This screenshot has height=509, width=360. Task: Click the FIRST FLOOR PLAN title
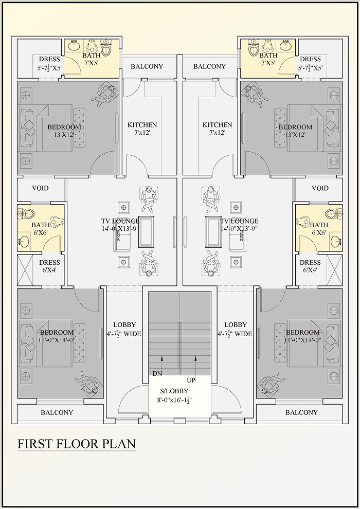(x=76, y=444)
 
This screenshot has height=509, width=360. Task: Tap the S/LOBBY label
(x=174, y=391)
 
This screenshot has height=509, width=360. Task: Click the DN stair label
(x=157, y=374)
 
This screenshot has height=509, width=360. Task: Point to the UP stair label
(x=191, y=380)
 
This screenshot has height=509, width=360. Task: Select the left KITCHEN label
(x=142, y=125)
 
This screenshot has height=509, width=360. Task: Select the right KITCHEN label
(x=218, y=125)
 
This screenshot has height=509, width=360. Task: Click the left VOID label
(x=40, y=188)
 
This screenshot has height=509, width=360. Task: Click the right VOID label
(x=320, y=188)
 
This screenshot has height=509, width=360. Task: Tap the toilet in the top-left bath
(x=106, y=48)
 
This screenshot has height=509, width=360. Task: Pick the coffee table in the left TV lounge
(x=146, y=231)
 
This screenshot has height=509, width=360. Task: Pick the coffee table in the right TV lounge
(x=213, y=231)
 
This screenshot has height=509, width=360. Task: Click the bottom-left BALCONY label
(x=57, y=412)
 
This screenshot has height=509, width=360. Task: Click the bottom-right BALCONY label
(x=301, y=412)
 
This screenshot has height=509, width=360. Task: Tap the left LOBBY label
(x=124, y=324)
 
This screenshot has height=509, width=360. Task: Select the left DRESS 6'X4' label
(x=50, y=266)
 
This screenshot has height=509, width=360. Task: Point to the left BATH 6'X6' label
(x=41, y=228)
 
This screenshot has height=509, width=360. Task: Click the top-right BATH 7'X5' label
(x=268, y=59)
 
